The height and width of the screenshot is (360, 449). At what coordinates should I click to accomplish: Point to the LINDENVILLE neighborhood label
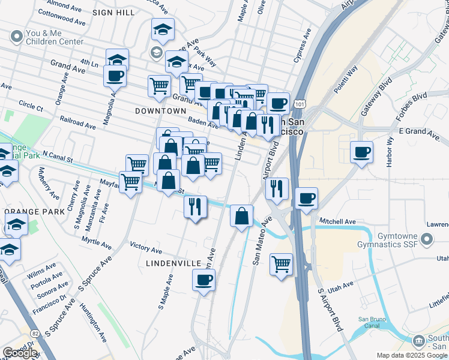pyautogui.click(x=172, y=263)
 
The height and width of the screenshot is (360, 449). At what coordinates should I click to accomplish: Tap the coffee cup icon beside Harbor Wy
pyautogui.click(x=362, y=152)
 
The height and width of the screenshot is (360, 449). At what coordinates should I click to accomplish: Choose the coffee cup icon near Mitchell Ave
pyautogui.click(x=306, y=198)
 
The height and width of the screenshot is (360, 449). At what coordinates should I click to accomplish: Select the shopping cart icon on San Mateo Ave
pyautogui.click(x=281, y=263)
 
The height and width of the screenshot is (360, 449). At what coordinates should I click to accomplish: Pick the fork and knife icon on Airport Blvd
pyautogui.click(x=276, y=188)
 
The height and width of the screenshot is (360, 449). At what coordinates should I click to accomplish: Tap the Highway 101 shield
pyautogui.click(x=300, y=104)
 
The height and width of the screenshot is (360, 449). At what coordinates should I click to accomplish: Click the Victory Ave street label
pyautogui.click(x=146, y=249)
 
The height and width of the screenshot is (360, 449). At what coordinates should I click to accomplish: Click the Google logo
pyautogui.click(x=20, y=353)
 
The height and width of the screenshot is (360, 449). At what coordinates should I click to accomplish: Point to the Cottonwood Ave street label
pyautogui.click(x=69, y=20)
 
